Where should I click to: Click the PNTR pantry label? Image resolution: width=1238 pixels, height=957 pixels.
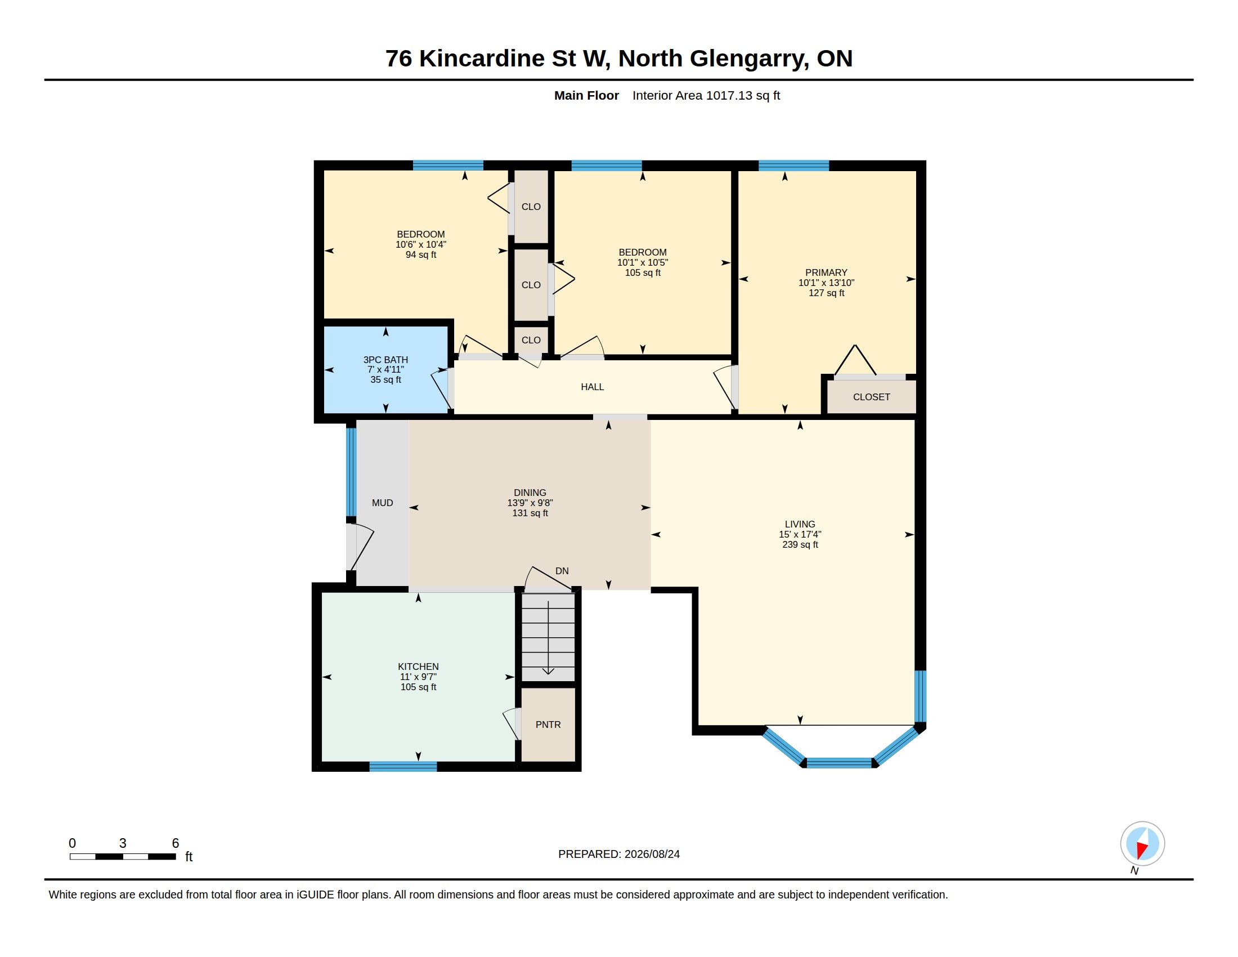tap(548, 725)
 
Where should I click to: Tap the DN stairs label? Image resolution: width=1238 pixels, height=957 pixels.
tap(562, 571)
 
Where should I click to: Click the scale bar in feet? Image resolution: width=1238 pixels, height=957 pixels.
tap(123, 856)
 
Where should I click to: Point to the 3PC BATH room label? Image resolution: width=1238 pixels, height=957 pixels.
tap(385, 360)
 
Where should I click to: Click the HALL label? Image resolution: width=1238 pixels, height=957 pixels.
tap(593, 387)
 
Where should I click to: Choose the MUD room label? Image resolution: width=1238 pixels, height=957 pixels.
tap(383, 503)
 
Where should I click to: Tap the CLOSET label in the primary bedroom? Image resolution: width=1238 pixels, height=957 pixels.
tap(871, 397)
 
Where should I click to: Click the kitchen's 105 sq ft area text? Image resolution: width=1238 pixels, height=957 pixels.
tap(418, 687)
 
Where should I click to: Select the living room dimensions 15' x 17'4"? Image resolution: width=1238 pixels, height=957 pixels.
tap(800, 534)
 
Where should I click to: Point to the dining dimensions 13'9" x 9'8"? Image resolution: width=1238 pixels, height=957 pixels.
tap(530, 503)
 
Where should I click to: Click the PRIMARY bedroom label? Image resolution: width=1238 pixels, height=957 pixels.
tap(827, 272)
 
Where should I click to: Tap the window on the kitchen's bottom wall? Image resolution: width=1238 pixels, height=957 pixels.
tap(403, 767)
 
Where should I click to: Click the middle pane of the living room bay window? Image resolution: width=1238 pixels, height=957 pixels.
tap(839, 763)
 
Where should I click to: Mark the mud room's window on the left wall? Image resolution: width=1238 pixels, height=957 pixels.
tap(352, 472)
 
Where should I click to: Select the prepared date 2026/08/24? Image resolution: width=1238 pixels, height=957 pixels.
tap(652, 854)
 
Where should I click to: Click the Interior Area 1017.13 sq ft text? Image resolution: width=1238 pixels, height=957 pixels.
tap(706, 95)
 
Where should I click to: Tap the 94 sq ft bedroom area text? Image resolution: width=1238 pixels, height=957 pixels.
tap(420, 254)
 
